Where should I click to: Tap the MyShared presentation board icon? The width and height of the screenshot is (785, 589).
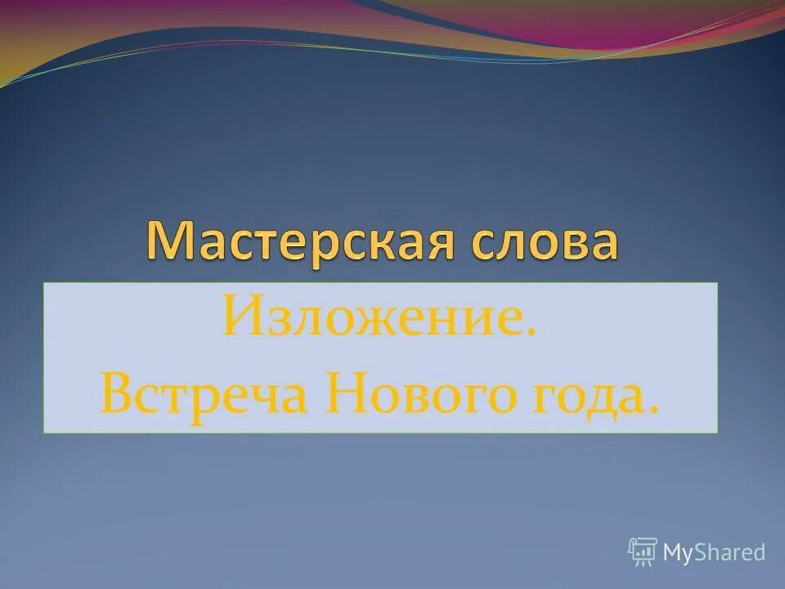click(643, 552)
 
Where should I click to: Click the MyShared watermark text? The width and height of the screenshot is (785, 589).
click(714, 553)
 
